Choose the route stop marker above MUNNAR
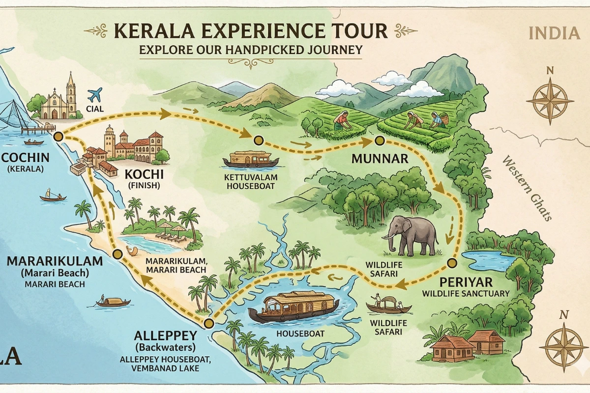(x=379, y=141)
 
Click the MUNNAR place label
(x=380, y=159)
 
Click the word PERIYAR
(x=459, y=283)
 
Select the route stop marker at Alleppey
(x=208, y=323)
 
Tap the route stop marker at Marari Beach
(x=117, y=254)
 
